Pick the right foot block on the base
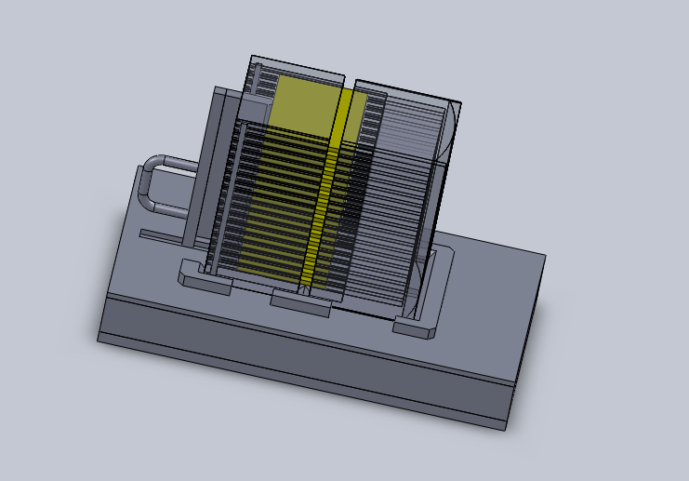point(414,327)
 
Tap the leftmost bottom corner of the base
point(99,340)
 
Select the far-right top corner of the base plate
point(544,253)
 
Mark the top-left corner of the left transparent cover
point(252,58)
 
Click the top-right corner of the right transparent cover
point(459,100)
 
